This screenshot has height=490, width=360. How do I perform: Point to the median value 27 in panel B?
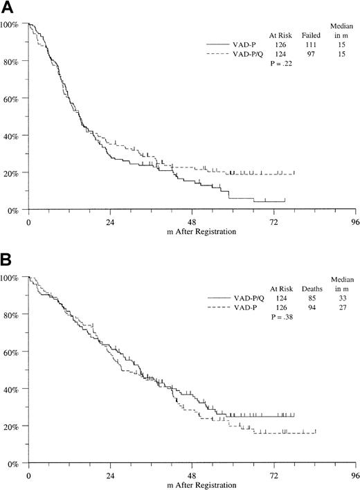click(x=340, y=306)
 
